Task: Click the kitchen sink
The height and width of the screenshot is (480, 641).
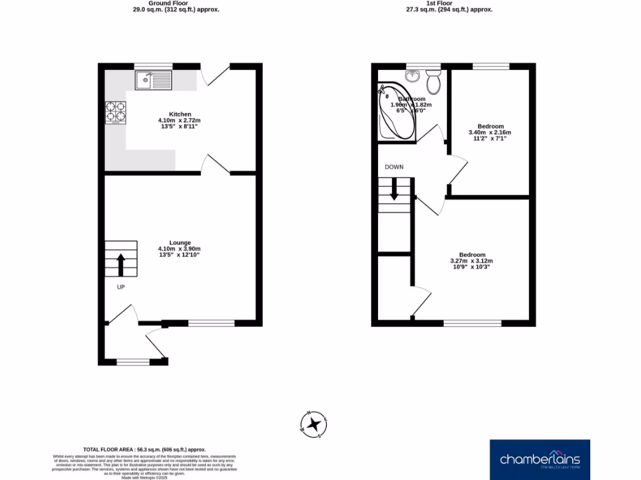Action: tap(153, 79)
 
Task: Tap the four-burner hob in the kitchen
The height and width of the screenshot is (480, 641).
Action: tap(115, 112)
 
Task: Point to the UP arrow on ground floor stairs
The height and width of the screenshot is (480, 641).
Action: tap(120, 264)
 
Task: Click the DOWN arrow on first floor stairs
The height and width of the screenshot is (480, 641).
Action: tap(394, 189)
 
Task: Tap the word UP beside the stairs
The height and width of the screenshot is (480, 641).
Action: tap(121, 287)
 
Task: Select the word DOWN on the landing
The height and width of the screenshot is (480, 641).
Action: tap(394, 167)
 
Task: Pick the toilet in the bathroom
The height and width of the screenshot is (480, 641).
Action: tap(433, 81)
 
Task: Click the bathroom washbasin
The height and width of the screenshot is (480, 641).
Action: tap(412, 76)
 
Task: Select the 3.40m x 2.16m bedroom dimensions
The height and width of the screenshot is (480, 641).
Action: tap(490, 132)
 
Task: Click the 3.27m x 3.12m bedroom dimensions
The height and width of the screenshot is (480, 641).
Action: tap(471, 261)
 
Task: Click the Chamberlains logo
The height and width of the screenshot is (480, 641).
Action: tap(540, 459)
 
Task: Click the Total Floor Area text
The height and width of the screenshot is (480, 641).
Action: tap(145, 449)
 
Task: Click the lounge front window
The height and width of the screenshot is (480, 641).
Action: tap(211, 323)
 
